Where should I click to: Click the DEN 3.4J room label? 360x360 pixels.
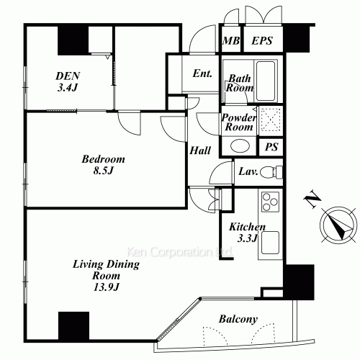pyautogui.click(x=68, y=82)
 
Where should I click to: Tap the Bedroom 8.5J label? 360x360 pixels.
pyautogui.click(x=103, y=165)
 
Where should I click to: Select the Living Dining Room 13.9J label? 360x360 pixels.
pyautogui.click(x=106, y=275)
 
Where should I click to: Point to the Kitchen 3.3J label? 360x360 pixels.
pyautogui.click(x=248, y=233)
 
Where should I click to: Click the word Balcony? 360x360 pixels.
pyautogui.click(x=238, y=319)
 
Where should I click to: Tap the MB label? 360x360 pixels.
pyautogui.click(x=230, y=40)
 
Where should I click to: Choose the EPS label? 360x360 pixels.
pyautogui.click(x=262, y=40)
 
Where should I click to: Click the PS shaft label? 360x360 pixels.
pyautogui.click(x=271, y=147)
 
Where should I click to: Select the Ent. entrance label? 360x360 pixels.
pyautogui.click(x=202, y=73)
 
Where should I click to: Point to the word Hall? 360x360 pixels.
pyautogui.click(x=200, y=150)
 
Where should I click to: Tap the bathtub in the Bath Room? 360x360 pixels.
pyautogui.click(x=266, y=81)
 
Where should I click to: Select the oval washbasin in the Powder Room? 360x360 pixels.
pyautogui.click(x=240, y=145)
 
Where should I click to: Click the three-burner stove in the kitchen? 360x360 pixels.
pyautogui.click(x=270, y=202)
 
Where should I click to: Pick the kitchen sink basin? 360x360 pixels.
pyautogui.click(x=270, y=243)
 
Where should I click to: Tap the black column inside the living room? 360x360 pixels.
pyautogui.click(x=73, y=326)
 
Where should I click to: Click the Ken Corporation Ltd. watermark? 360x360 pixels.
pyautogui.click(x=179, y=252)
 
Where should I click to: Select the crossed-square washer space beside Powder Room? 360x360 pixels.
pyautogui.click(x=271, y=120)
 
